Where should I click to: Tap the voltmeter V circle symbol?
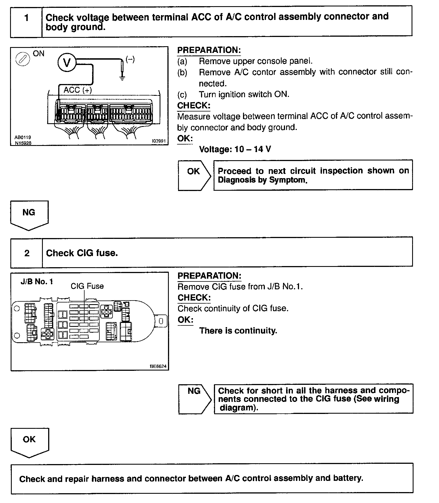point(67,62)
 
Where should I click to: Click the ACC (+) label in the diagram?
point(78,90)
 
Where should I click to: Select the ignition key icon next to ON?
point(22,59)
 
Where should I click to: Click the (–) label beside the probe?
point(130,59)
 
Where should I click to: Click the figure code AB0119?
point(23,137)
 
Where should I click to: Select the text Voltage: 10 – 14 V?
point(235,149)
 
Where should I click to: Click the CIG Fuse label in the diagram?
point(87,286)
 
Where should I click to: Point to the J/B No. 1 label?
point(37,282)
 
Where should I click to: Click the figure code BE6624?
point(158,366)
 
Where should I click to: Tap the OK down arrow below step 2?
point(29,442)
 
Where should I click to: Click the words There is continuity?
point(238,331)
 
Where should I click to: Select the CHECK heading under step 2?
point(194,297)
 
